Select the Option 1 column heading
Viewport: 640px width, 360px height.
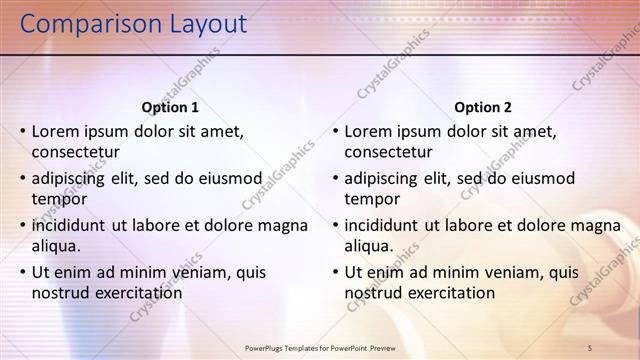tap(170, 107)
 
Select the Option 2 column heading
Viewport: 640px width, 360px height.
tap(483, 107)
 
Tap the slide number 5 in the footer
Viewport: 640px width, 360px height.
tap(590, 347)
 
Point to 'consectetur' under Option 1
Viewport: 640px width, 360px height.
tap(76, 152)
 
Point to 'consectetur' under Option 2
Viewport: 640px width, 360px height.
tap(389, 152)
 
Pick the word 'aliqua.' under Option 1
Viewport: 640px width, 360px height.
tap(57, 246)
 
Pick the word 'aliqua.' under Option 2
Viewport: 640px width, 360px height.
tap(370, 246)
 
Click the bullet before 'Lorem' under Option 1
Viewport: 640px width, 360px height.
tap(23, 131)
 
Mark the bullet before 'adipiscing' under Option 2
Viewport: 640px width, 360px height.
tap(336, 178)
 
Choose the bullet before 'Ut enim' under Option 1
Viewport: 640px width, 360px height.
tap(23, 272)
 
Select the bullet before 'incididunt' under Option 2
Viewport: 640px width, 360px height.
tap(336, 225)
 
